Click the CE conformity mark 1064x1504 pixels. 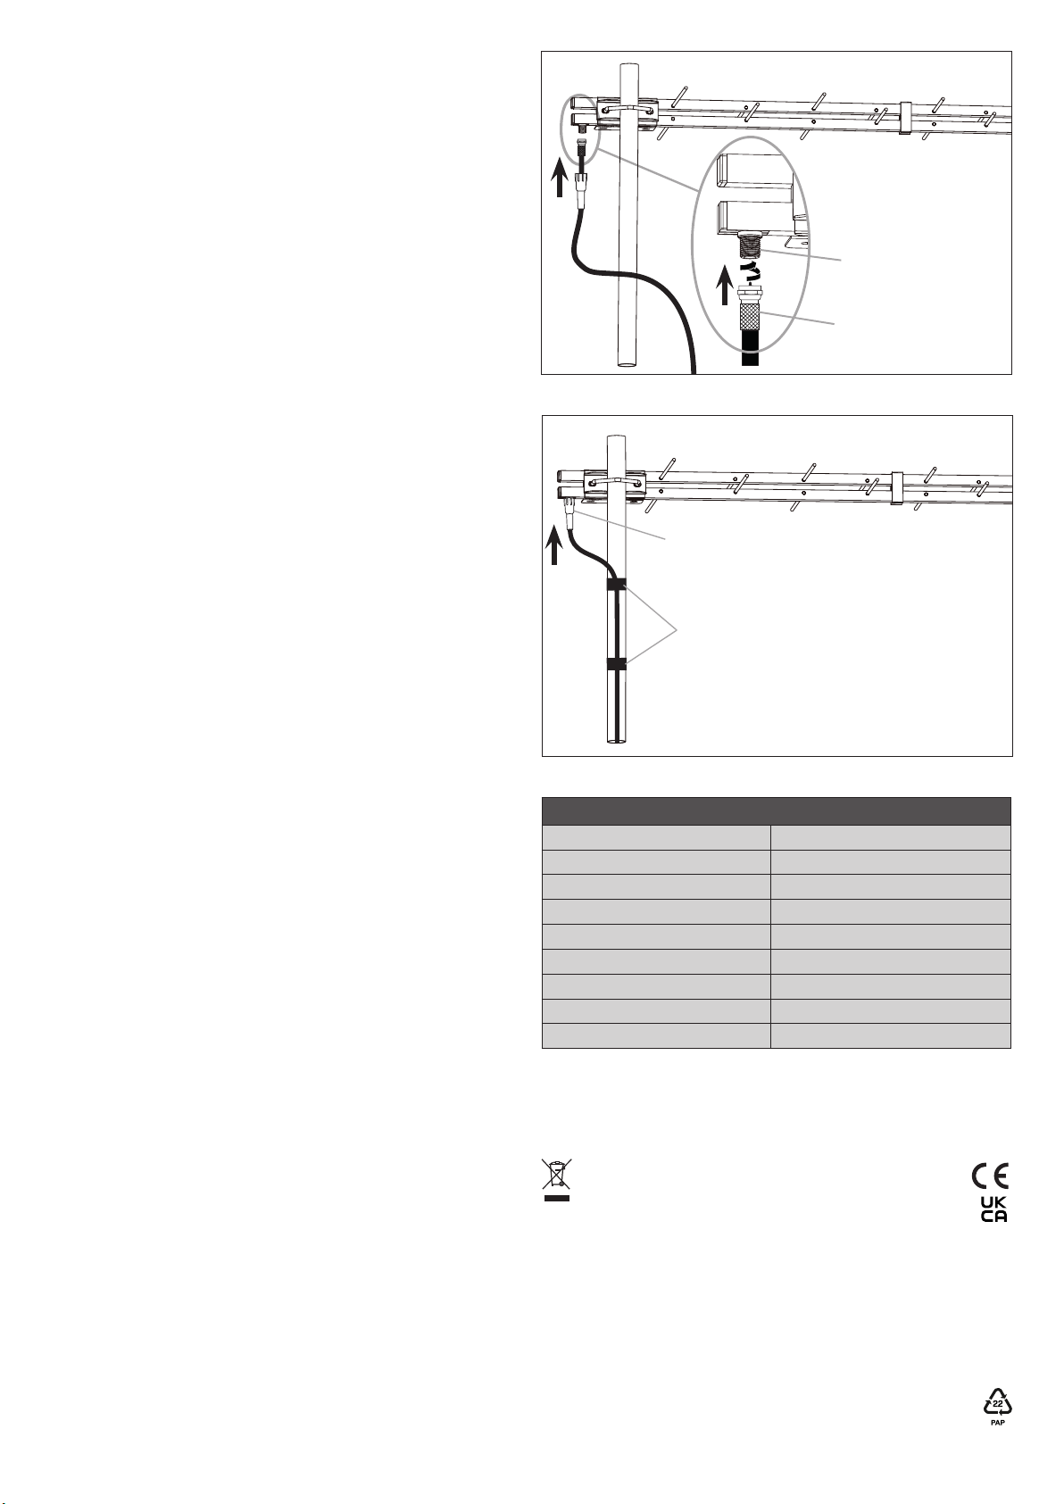pos(990,1175)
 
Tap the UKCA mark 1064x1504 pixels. pos(993,1209)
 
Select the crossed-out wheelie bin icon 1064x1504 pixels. pos(556,1173)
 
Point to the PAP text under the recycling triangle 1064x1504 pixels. pos(998,1423)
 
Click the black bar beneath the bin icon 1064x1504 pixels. pos(556,1197)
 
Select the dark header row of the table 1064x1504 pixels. pos(776,810)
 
